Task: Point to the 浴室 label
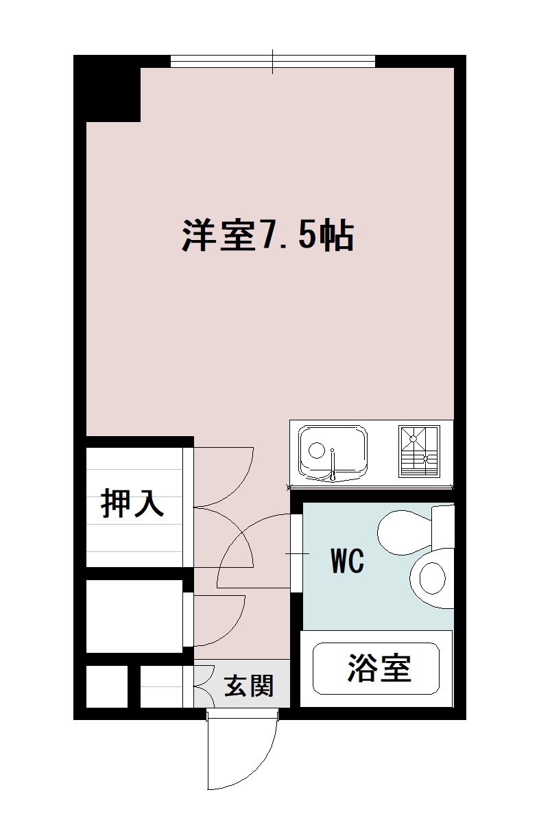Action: point(379,668)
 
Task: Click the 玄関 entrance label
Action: point(250,685)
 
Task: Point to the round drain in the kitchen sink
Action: point(316,451)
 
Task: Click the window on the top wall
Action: point(273,62)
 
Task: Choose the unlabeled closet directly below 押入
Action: point(134,615)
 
